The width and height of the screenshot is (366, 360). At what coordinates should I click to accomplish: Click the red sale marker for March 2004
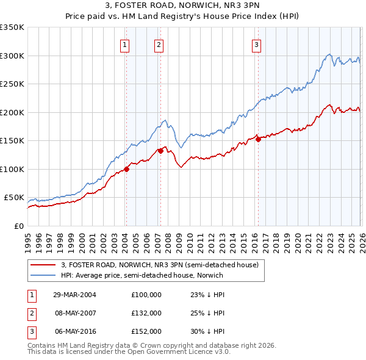pyautogui.click(x=126, y=169)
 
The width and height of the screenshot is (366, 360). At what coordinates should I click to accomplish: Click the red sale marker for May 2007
pyautogui.click(x=160, y=151)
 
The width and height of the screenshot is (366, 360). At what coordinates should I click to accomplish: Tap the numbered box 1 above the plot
pyautogui.click(x=124, y=44)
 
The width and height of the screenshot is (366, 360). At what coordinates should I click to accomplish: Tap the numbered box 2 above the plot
pyautogui.click(x=159, y=44)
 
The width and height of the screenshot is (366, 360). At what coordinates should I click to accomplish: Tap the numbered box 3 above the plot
pyautogui.click(x=256, y=44)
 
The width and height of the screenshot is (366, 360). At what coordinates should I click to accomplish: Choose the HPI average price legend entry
pyautogui.click(x=142, y=275)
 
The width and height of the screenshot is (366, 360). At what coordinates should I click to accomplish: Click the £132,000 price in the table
pyautogui.click(x=146, y=313)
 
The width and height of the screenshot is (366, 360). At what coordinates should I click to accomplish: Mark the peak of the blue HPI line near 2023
pyautogui.click(x=329, y=54)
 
